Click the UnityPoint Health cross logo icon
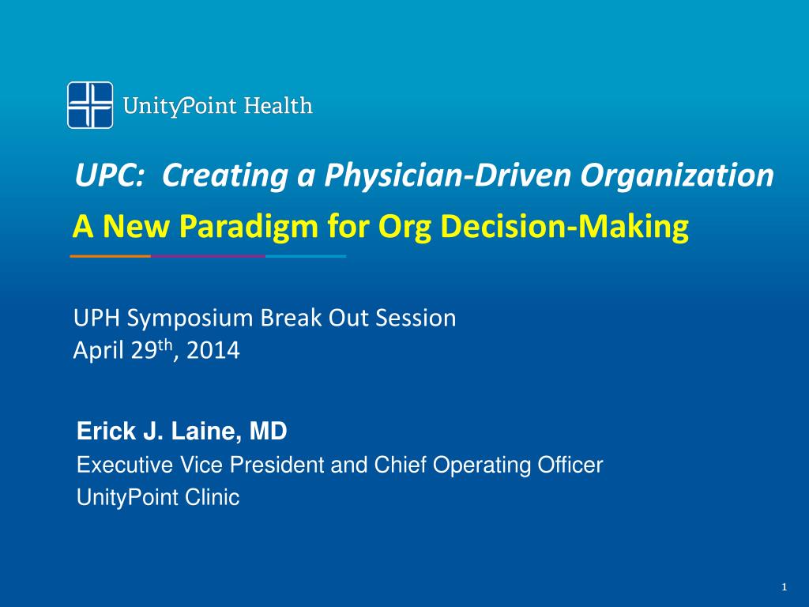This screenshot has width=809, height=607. tap(89, 105)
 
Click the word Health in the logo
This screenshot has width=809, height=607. tap(277, 105)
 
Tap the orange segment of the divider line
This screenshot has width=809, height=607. tap(110, 256)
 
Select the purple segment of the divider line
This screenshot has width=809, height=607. tap(208, 256)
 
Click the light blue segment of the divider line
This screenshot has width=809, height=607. tap(306, 256)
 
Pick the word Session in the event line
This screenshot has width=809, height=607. tap(417, 319)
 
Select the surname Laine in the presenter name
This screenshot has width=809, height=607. tap(216, 432)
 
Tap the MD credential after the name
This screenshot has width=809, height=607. tap(269, 432)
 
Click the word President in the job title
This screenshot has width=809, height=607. tap(284, 466)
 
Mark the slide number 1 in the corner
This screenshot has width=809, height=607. tap(783, 586)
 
